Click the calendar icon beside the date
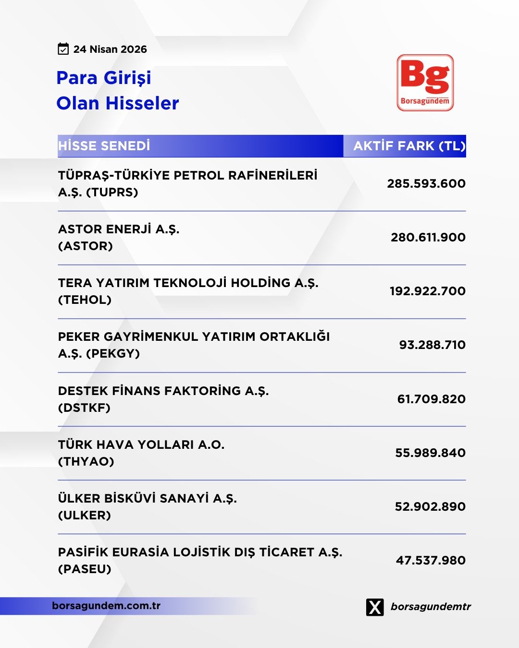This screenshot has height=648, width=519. pos(63,49)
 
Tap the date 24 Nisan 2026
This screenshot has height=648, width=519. pos(110,49)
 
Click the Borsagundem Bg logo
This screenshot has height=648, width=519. pos(425,83)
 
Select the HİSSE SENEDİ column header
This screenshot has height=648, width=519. pos(104,146)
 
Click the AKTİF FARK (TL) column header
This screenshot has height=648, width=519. pos(409,146)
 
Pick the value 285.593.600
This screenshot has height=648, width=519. pos(426,183)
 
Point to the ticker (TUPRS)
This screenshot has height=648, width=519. pos(112,192)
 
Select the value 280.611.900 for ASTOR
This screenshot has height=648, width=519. pos(428,237)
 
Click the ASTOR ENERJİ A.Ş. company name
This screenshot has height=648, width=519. pos(119,229)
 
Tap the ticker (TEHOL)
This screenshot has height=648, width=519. pos(85,300)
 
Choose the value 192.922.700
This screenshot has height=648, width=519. pos(428,291)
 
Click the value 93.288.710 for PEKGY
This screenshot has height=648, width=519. pos(432,345)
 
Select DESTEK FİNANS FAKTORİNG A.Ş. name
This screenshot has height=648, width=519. pos(163,391)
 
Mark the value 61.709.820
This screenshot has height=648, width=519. pos(431,399)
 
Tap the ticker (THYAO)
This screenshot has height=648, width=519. pos(86,462)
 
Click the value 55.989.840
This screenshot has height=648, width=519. pos(430,453)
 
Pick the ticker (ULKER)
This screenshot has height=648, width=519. pos(85,516)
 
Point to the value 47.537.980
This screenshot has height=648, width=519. pos(431,560)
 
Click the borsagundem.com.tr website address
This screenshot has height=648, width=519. pos(106,606)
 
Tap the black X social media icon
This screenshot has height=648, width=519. pos(375,607)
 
